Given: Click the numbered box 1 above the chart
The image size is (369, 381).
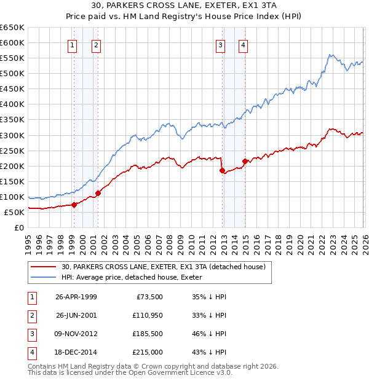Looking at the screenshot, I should click(73, 44).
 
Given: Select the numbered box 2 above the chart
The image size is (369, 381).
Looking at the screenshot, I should click(97, 44).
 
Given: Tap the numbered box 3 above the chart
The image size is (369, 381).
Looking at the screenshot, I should click(220, 44).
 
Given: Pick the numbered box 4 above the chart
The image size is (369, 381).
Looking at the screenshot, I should click(244, 44).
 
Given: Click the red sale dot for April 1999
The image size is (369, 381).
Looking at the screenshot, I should click(74, 205).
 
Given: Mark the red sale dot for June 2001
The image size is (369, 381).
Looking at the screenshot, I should click(98, 193).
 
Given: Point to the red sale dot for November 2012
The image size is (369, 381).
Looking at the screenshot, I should click(222, 170).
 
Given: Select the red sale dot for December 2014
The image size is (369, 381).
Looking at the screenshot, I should click(245, 161).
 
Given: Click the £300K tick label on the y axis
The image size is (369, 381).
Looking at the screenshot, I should click(12, 135).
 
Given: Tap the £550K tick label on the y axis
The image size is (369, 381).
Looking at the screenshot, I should click(12, 58).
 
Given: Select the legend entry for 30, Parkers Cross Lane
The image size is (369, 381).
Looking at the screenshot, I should click(163, 267).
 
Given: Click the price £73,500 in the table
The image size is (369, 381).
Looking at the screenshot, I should click(148, 296).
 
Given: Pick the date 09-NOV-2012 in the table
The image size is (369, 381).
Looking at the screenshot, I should click(76, 333).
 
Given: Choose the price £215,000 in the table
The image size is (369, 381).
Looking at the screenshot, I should click(148, 352).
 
